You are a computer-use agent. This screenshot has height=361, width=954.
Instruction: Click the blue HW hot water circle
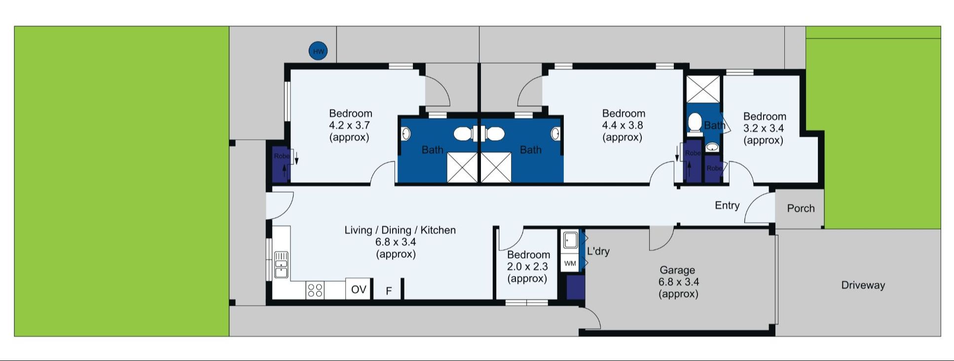pos(318,51)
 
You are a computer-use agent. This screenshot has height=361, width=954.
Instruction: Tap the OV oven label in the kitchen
pos(359,289)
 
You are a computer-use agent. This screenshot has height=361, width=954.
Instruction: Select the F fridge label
pos(389,291)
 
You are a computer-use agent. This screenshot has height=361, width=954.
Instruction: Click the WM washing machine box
pos(570,263)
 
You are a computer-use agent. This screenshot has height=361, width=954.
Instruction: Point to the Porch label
pos(801,208)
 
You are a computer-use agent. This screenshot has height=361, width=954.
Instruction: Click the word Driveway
pos(863,285)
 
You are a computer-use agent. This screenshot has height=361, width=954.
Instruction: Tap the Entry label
pos(727,205)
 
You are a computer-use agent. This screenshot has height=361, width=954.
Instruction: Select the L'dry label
pos(598,251)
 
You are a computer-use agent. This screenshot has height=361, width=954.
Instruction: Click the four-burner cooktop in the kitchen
pos(315,290)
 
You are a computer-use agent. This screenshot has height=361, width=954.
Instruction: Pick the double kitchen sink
pos(281,265)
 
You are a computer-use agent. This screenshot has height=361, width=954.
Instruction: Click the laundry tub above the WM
pos(570,241)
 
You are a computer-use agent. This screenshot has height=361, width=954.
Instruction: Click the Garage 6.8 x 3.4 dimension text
pos(678,282)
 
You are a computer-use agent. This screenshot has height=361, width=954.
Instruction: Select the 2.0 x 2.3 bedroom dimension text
pos(527,267)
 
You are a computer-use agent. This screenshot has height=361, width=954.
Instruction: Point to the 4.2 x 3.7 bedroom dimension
pos(349,125)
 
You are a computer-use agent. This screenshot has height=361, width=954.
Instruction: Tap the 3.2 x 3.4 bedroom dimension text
pos(764,128)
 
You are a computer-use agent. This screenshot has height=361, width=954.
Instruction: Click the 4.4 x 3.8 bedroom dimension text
pos(623,125)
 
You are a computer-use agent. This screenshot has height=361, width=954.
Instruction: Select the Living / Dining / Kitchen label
pos(400,230)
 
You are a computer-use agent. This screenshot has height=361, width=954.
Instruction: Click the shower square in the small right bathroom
pos(703,89)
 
